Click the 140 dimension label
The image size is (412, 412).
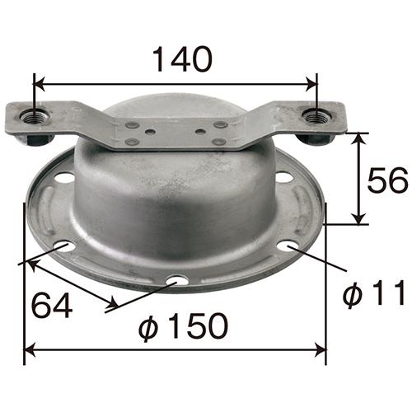tap(182, 59)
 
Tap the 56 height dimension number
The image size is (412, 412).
tap(387, 180)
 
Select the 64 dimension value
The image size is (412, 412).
tap(52, 305)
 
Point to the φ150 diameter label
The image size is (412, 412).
tap(184, 326)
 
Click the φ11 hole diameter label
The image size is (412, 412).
tap(374, 293)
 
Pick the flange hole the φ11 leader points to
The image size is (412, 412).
tap(288, 246)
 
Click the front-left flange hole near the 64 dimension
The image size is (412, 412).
tap(65, 246)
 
